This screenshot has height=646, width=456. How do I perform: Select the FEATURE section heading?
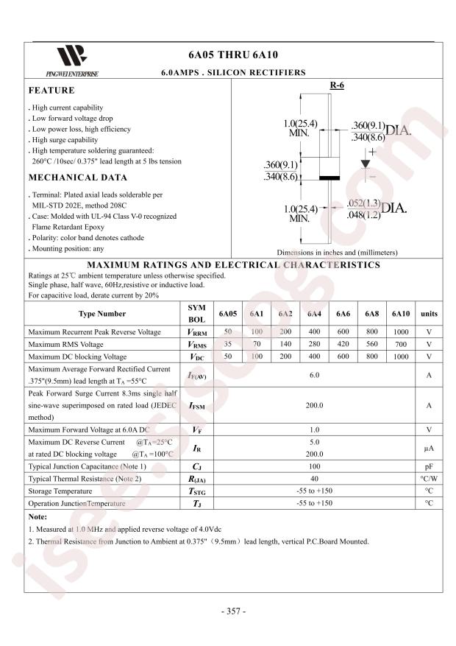(51, 91)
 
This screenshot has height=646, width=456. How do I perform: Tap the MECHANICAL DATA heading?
(77, 178)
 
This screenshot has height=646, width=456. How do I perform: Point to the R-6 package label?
(337, 86)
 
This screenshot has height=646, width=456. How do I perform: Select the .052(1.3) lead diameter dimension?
(363, 203)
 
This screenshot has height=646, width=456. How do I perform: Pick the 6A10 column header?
(400, 314)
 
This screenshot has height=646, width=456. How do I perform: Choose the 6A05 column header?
(228, 314)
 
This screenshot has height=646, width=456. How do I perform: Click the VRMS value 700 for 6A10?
(400, 345)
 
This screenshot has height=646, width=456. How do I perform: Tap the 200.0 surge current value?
(315, 406)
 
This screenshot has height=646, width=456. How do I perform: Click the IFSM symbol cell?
(196, 406)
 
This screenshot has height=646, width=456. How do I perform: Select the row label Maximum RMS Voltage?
(65, 345)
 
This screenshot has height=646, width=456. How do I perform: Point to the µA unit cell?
(428, 448)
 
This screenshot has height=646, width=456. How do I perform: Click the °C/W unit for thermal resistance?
(428, 479)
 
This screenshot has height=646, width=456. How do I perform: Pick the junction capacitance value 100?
(315, 467)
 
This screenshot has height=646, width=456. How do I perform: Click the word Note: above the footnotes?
(38, 517)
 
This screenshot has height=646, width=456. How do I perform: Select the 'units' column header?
(428, 314)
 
